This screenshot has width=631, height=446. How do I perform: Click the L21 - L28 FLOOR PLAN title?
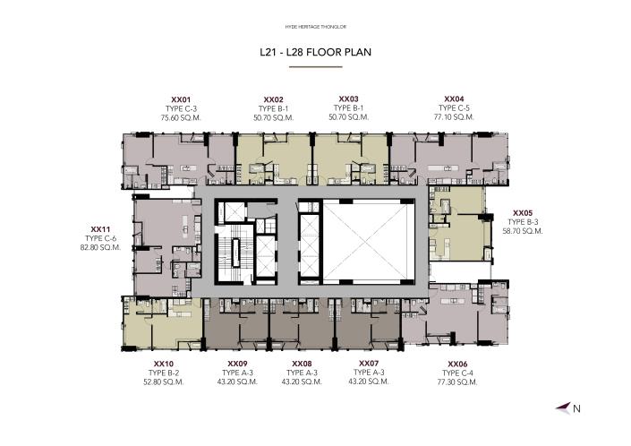tap(315, 52)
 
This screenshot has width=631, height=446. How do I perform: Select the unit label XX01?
tap(182, 99)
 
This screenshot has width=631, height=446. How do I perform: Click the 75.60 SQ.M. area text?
tap(182, 117)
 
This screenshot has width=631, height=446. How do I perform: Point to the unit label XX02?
tap(274, 99)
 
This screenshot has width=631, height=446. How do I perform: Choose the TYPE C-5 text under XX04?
tap(454, 108)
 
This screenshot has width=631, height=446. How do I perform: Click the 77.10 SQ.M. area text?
tap(454, 117)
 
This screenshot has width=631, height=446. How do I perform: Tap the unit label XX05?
tap(522, 212)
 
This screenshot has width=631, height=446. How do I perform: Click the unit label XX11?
tap(100, 229)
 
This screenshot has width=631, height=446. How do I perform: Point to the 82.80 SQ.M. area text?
tap(100, 247)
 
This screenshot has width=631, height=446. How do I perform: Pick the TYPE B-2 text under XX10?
tap(162, 373)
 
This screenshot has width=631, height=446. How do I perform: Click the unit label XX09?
tap(237, 364)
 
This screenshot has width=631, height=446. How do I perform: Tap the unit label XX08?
tap(302, 364)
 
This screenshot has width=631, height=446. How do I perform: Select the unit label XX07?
tap(368, 364)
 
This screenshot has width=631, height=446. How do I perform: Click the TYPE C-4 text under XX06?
tap(456, 373)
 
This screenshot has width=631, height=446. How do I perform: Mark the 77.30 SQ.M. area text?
tap(456, 382)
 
